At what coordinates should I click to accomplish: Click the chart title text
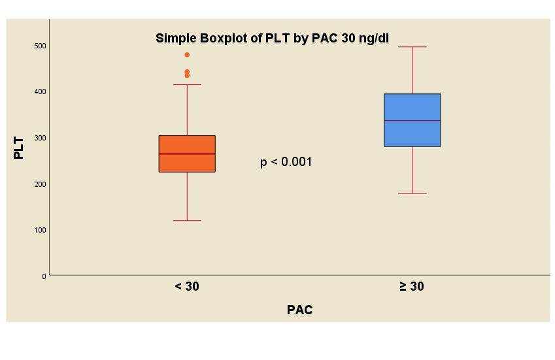click(x=272, y=39)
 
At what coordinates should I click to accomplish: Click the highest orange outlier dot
click(x=187, y=55)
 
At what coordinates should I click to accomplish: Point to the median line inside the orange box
click(x=187, y=154)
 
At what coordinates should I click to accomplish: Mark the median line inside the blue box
click(x=412, y=121)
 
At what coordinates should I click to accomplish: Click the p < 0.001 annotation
click(x=286, y=162)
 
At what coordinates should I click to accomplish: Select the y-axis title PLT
click(x=19, y=148)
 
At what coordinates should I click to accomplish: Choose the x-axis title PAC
click(x=299, y=310)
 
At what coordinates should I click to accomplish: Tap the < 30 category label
click(x=187, y=286)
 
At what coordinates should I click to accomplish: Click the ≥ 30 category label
click(x=412, y=286)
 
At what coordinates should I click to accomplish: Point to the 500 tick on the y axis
click(x=41, y=46)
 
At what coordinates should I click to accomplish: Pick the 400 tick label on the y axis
click(x=41, y=91)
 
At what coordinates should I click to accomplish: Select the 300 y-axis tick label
click(x=41, y=138)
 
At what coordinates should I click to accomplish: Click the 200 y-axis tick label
click(x=41, y=184)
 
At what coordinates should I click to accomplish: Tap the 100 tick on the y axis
click(x=41, y=230)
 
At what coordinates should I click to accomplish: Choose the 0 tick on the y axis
click(x=44, y=276)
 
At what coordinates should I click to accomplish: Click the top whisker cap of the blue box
click(x=412, y=47)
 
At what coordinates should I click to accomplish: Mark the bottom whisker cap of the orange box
click(x=187, y=221)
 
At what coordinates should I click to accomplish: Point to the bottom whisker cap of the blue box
click(x=412, y=193)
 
